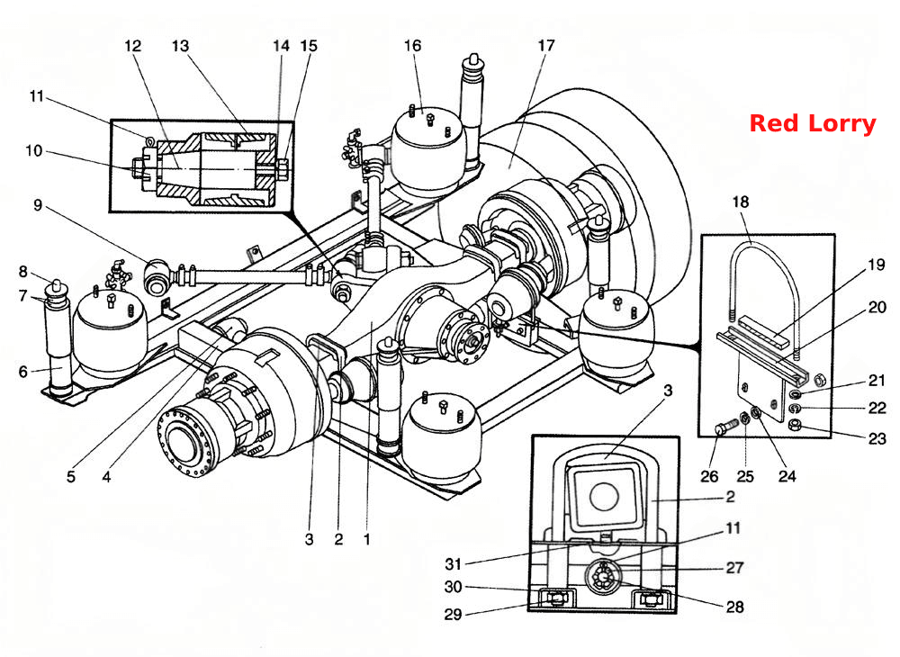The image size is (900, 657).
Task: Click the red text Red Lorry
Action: [813, 124]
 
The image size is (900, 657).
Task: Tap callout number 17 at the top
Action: [546, 45]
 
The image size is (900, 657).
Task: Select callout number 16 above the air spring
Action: [413, 45]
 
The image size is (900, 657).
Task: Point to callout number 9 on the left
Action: [38, 205]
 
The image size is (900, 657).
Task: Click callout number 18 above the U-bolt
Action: [741, 202]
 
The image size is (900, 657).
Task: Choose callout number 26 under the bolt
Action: [710, 476]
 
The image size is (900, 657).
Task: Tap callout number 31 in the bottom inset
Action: [454, 564]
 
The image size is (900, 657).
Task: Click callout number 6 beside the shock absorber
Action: [23, 372]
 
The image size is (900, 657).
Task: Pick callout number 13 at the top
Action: [180, 45]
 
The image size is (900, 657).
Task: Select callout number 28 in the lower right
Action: [734, 607]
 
